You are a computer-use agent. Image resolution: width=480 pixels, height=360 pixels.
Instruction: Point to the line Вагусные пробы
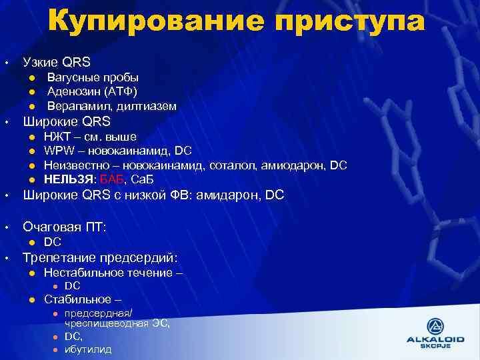[x=93, y=77]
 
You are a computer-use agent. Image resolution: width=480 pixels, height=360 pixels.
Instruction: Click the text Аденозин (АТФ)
[x=92, y=91]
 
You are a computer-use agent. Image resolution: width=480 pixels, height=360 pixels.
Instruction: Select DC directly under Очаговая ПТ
[x=53, y=242]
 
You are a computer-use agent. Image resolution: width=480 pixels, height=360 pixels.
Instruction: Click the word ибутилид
[x=88, y=349]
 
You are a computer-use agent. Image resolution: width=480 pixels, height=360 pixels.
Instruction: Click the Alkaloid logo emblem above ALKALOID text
[x=435, y=327]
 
